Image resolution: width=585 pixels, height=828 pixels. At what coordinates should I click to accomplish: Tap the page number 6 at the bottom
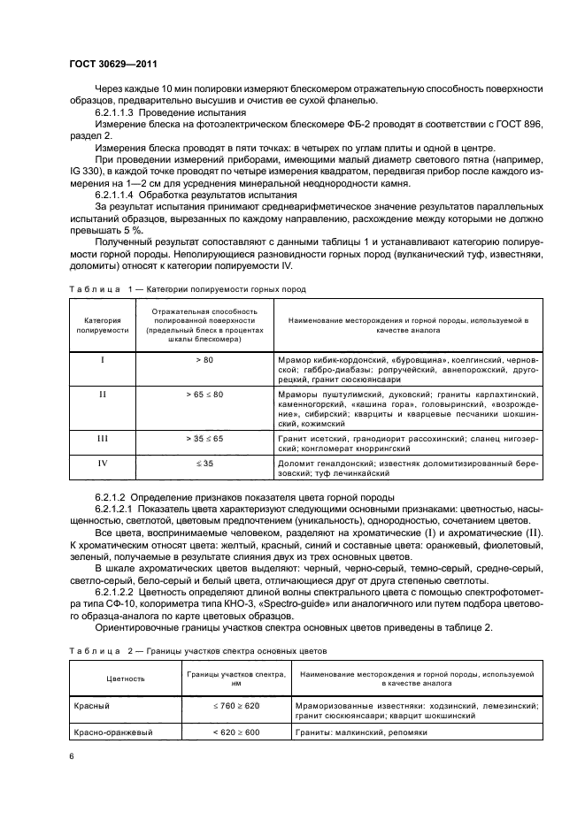[x=72, y=756]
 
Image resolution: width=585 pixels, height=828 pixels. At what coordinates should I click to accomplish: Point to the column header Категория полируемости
[x=102, y=325]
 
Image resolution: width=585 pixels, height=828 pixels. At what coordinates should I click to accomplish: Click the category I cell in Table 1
[x=102, y=360]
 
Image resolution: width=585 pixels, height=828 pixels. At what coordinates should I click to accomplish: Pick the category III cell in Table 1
[x=102, y=438]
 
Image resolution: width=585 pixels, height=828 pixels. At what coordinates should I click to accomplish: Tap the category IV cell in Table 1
[x=102, y=463]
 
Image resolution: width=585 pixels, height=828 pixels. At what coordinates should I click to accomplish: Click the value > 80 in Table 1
[x=204, y=360]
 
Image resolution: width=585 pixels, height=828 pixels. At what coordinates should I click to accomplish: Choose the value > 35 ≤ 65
[x=204, y=438]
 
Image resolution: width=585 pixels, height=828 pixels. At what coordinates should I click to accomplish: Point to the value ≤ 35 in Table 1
[x=204, y=463]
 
